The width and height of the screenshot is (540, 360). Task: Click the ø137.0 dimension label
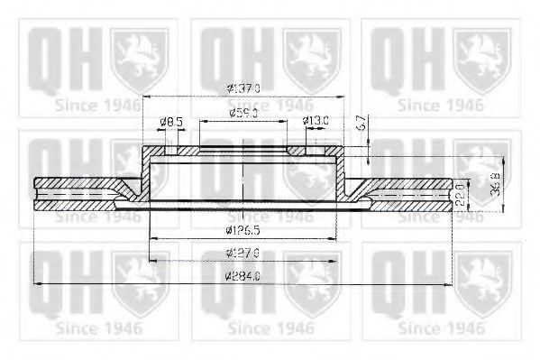tap(243, 88)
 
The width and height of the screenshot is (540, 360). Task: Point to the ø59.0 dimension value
tap(243, 114)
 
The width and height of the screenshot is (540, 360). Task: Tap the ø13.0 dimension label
tap(316, 120)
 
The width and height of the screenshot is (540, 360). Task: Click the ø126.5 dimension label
tap(243, 231)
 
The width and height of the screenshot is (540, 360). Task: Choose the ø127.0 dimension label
tap(243, 254)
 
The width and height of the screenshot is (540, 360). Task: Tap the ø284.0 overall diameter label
tap(243, 278)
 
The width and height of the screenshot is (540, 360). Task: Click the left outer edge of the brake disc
tap(33, 193)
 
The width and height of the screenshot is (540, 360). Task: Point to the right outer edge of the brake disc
tap(453, 193)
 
